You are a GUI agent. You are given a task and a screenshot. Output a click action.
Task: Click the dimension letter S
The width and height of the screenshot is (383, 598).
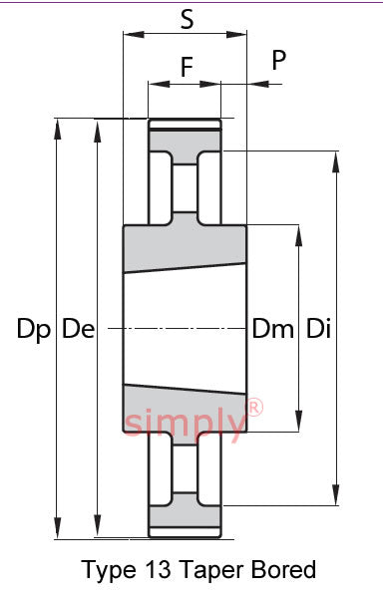tap(187, 20)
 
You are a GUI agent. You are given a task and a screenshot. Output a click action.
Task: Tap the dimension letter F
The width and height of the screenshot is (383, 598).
tap(187, 67)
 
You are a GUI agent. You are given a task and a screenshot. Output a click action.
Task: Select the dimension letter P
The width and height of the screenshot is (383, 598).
tap(279, 60)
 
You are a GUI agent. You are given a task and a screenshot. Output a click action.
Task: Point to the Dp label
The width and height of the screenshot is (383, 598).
tap(34, 329)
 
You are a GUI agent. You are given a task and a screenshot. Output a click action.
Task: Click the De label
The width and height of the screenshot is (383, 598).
tap(78, 329)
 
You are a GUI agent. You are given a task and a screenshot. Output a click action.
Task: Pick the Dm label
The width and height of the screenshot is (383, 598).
tap(273, 329)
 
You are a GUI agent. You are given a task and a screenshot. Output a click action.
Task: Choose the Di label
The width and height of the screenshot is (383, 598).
tap(318, 329)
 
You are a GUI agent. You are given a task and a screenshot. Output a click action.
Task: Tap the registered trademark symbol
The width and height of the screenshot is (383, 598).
tap(254, 407)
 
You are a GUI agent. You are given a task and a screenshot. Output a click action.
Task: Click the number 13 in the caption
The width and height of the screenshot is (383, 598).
tap(158, 570)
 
